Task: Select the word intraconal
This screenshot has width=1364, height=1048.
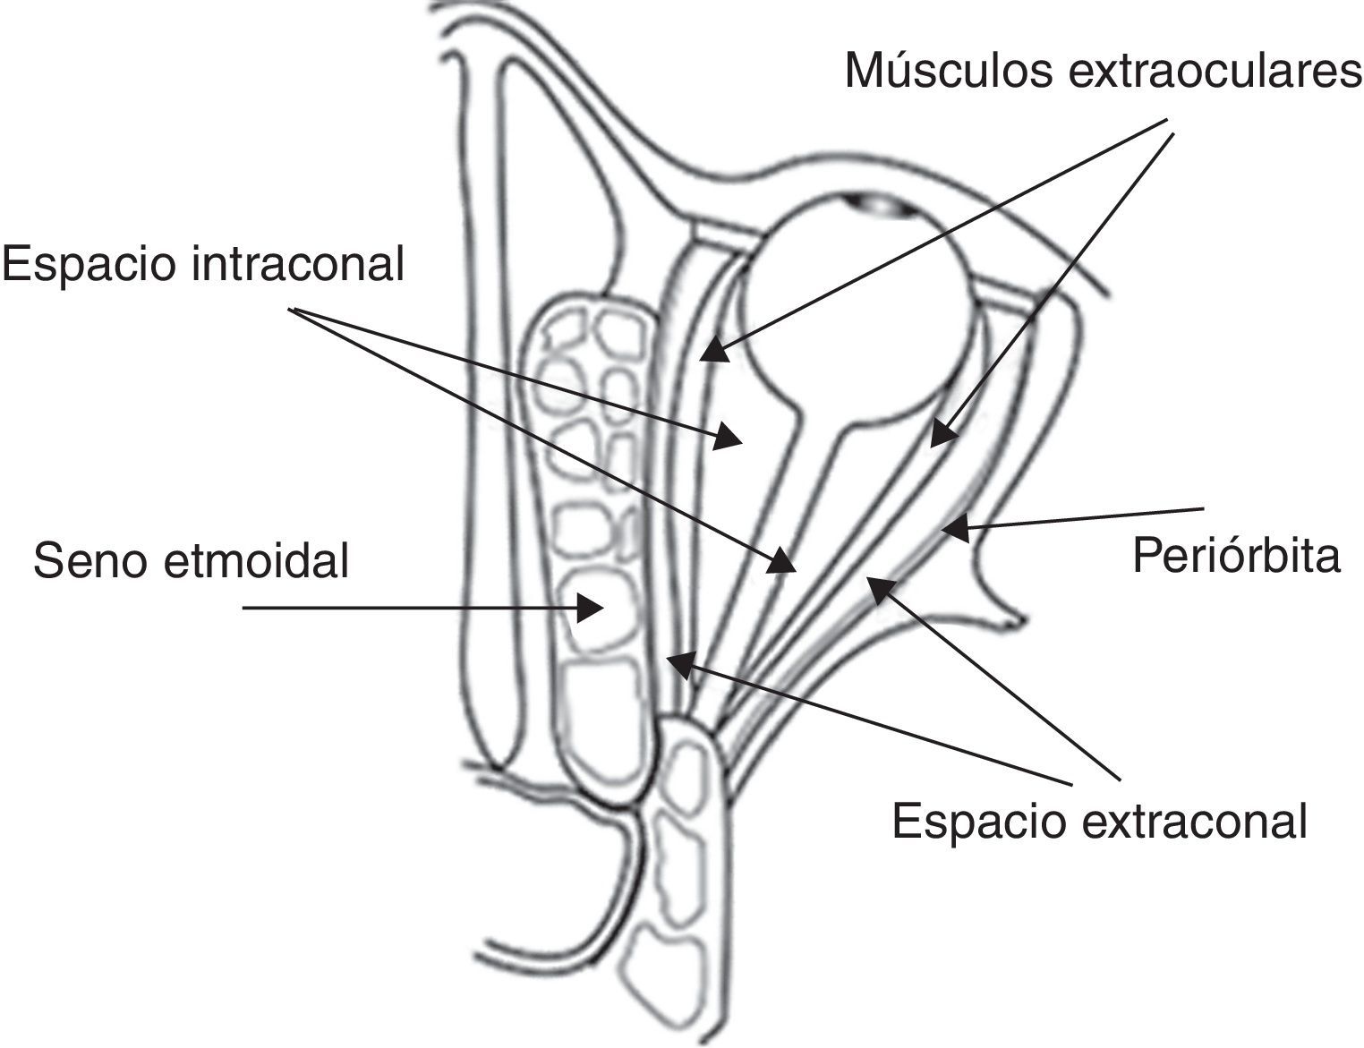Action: (299, 265)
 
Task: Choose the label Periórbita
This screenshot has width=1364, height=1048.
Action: (1236, 555)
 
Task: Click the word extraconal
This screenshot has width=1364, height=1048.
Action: (1191, 820)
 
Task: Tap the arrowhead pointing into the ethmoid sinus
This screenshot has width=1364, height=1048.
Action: (590, 609)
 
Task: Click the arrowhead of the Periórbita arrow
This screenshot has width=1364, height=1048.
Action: (956, 529)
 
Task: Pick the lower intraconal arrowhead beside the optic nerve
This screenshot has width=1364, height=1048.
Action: (783, 561)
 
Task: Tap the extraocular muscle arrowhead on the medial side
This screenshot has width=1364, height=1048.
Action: (715, 350)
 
